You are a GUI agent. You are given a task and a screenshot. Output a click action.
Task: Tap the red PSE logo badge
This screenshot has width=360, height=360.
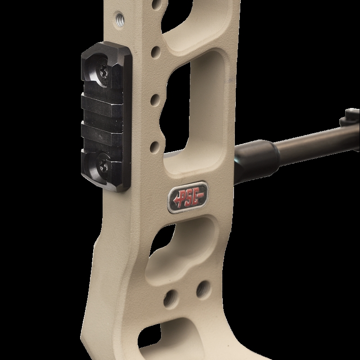click(x=188, y=198)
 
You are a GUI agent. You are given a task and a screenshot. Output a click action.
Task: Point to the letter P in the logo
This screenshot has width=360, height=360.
click(x=183, y=198)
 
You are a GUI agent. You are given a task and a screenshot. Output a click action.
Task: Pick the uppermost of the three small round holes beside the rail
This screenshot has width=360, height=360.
click(x=156, y=52)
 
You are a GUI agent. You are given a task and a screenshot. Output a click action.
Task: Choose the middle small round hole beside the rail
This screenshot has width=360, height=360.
click(x=155, y=100)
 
